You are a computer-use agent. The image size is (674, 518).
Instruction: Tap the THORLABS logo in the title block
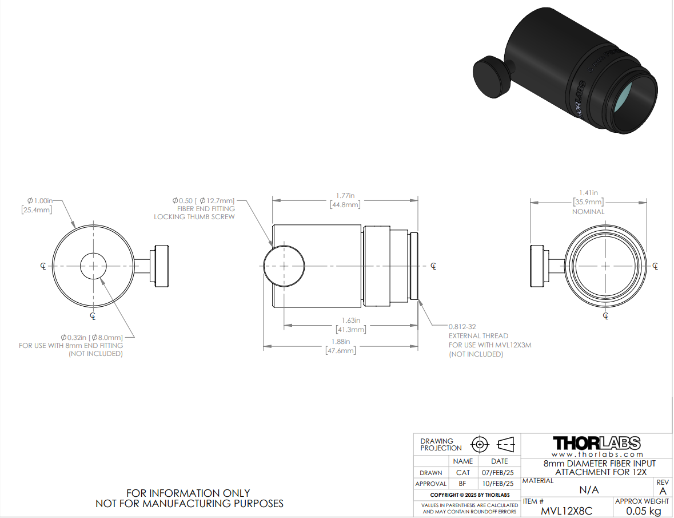[597, 443]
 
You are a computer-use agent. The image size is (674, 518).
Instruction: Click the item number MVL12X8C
[566, 511]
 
